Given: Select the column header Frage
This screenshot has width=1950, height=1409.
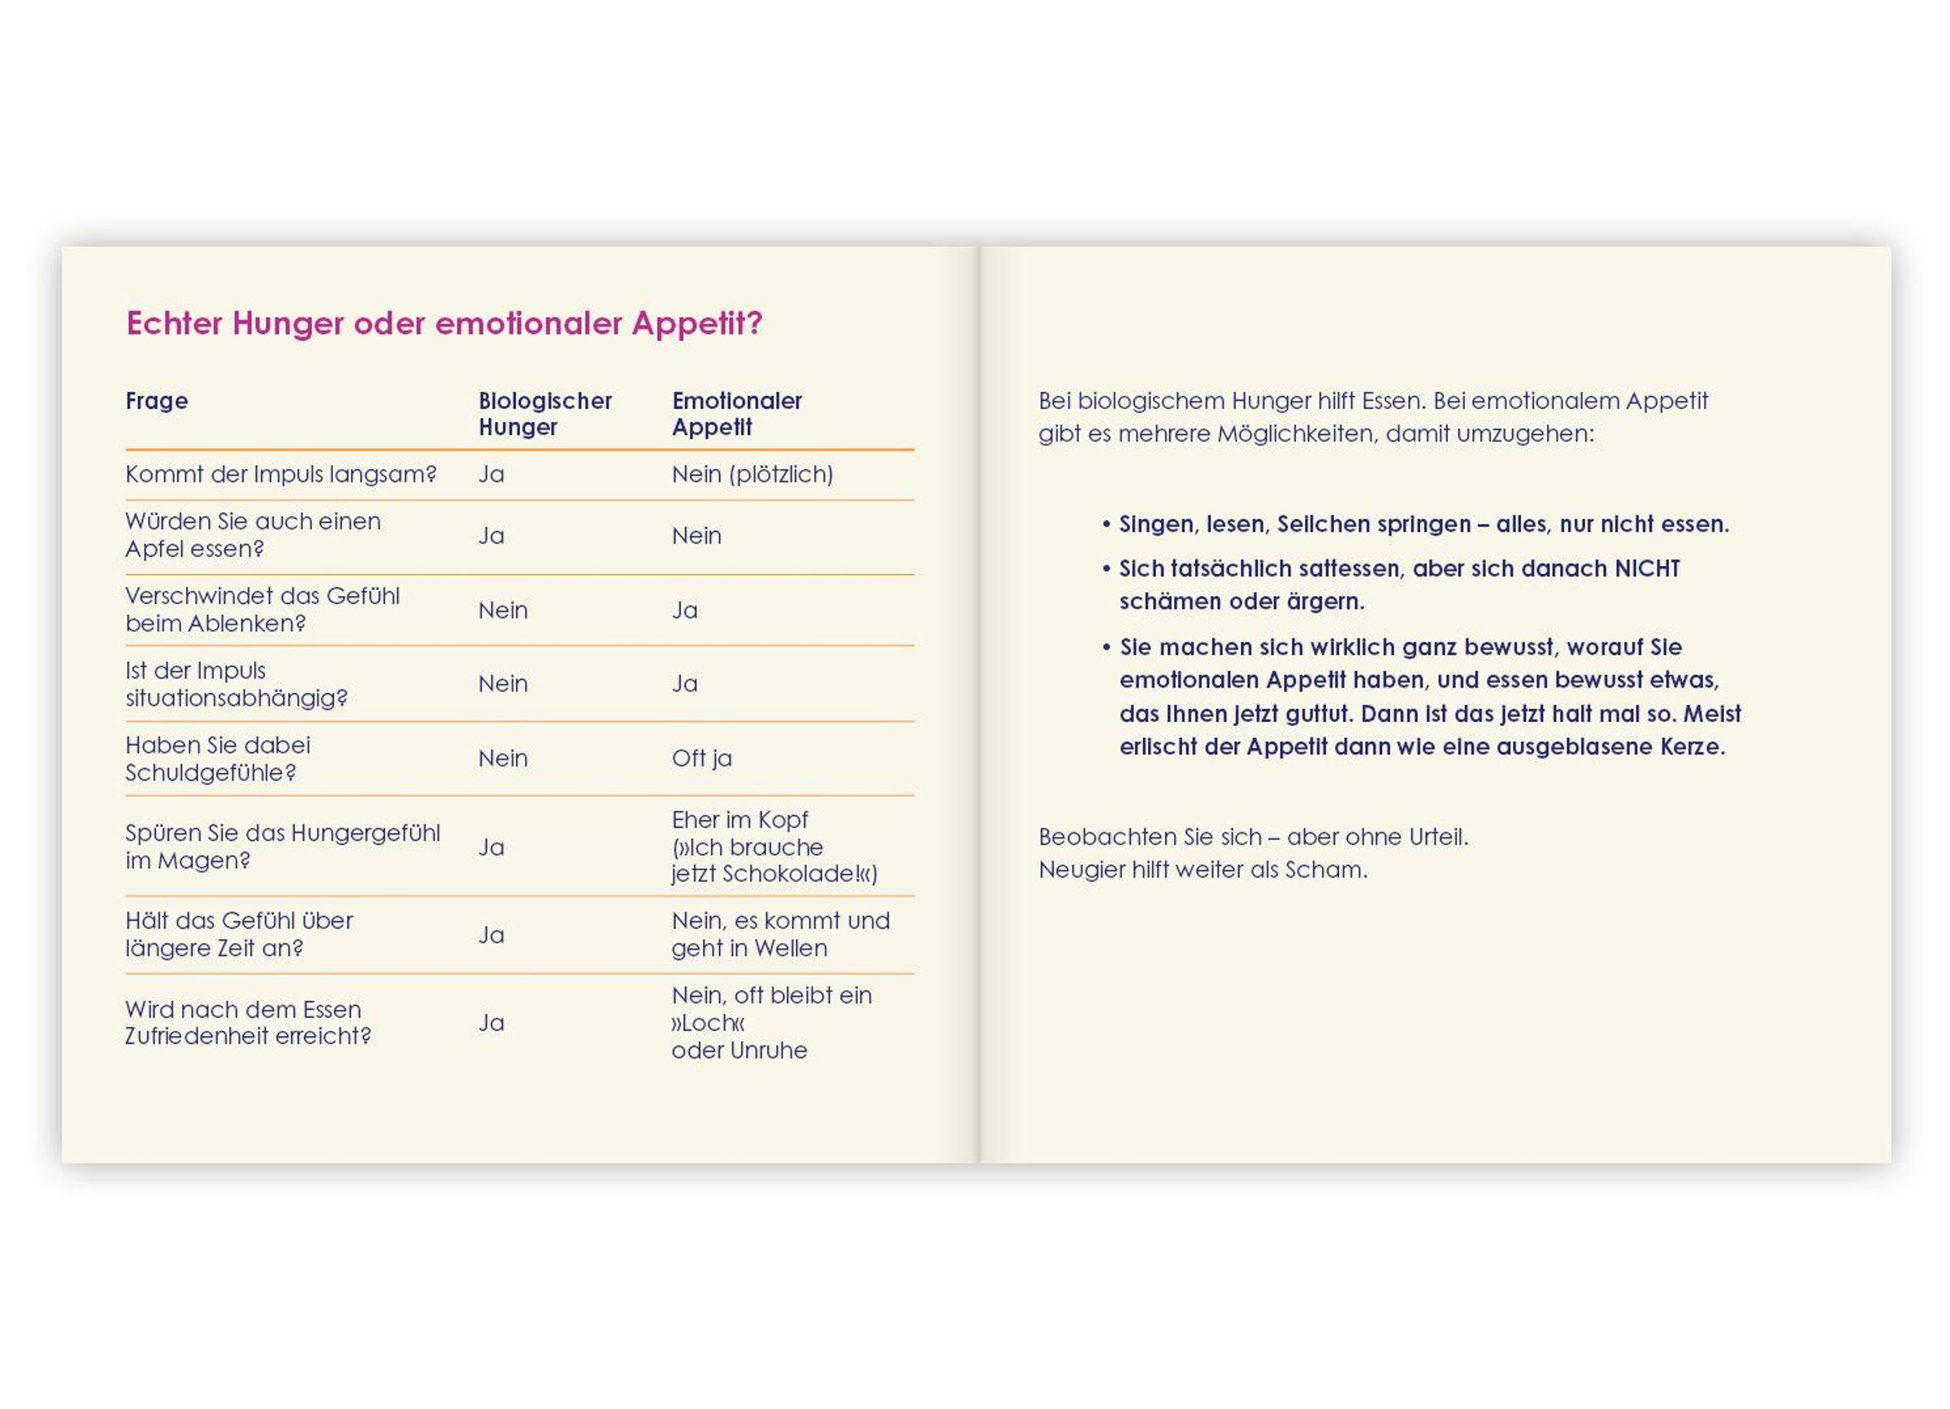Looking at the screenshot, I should pyautogui.click(x=157, y=401).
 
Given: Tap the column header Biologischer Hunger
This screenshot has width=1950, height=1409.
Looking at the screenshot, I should pyautogui.click(x=544, y=414).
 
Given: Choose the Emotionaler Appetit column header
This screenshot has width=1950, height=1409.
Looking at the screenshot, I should pyautogui.click(x=736, y=414).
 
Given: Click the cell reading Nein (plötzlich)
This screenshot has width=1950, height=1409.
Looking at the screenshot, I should pyautogui.click(x=752, y=474).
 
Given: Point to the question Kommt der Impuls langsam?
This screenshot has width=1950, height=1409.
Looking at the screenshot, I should pyautogui.click(x=281, y=474).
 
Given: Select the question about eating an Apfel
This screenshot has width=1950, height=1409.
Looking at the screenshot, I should pyautogui.click(x=253, y=535).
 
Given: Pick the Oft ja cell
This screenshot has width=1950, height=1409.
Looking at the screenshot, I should pyautogui.click(x=701, y=758).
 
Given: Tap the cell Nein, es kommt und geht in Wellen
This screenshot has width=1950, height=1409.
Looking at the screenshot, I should pyautogui.click(x=780, y=934).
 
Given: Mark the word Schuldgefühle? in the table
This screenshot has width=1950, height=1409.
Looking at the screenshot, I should pyautogui.click(x=210, y=772).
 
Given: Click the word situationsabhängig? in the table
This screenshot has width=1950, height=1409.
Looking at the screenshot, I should pyautogui.click(x=236, y=698).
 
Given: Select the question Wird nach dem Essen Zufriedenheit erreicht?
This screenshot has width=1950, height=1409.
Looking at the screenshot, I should pyautogui.click(x=248, y=1022).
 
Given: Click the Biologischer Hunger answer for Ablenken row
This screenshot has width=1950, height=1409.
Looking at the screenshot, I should pyautogui.click(x=503, y=610).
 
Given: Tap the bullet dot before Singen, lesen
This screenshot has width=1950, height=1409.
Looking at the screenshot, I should pyautogui.click(x=1107, y=524).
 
